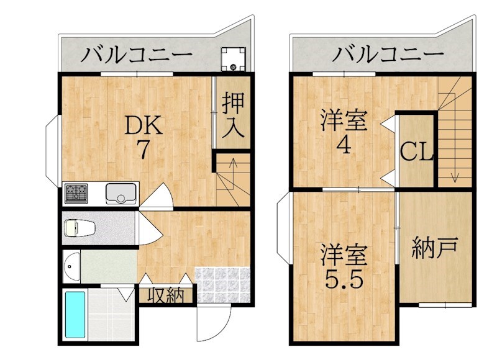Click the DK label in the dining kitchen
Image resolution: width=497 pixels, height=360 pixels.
(144, 126)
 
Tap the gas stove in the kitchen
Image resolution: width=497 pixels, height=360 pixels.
(76, 194)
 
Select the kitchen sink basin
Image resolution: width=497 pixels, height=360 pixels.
(121, 193)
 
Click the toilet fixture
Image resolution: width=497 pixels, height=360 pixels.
(80, 228)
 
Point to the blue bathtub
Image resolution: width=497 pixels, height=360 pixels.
(75, 315)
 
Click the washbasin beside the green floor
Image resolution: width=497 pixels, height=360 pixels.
(71, 267)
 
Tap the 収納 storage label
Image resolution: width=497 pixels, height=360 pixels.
(166, 295)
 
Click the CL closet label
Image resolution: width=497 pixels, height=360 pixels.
(416, 152)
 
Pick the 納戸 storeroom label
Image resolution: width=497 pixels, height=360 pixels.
(435, 247)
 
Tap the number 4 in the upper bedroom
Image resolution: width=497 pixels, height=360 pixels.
(344, 145)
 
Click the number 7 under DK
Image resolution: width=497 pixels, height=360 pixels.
(143, 149)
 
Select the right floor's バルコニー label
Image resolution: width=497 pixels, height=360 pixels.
(388, 54)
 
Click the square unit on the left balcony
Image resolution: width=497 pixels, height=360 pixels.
(234, 59)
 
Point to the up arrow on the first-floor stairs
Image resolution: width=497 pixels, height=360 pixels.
(234, 174)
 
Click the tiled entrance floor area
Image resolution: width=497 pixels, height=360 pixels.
(222, 285)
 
